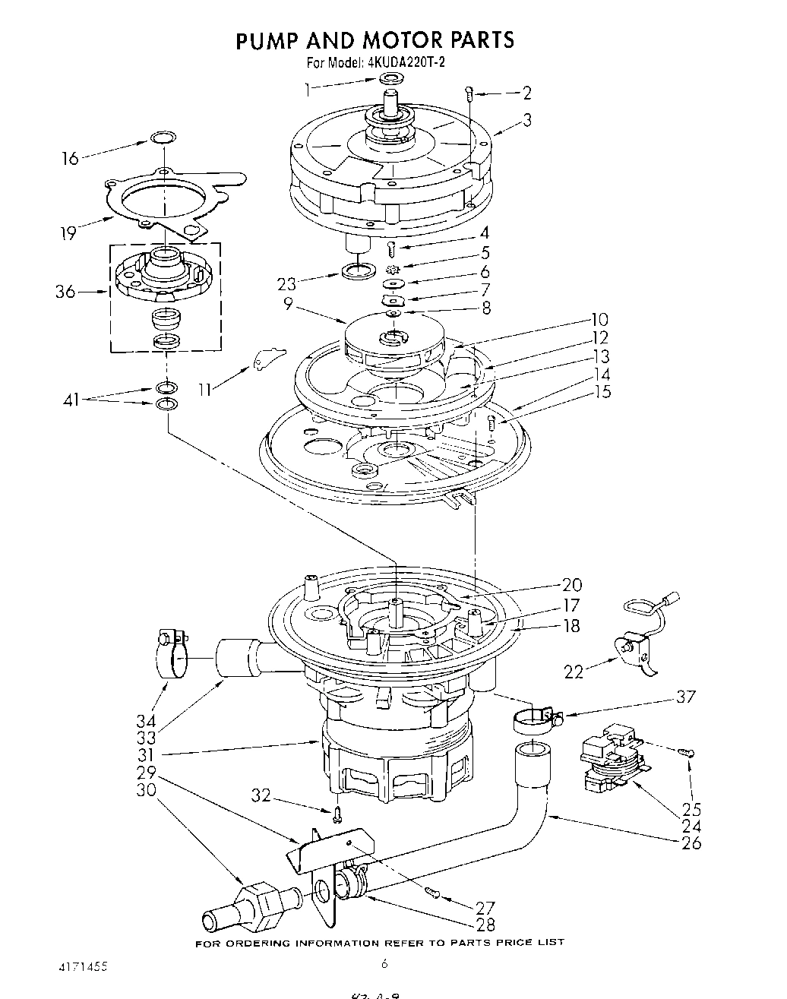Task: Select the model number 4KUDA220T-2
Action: click(x=406, y=63)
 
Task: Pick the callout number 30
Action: click(x=146, y=789)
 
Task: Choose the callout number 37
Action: click(x=686, y=697)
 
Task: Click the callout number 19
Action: click(x=68, y=233)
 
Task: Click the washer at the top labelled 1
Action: click(x=390, y=79)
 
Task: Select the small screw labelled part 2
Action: click(x=469, y=94)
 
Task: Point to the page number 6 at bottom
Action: click(x=384, y=963)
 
